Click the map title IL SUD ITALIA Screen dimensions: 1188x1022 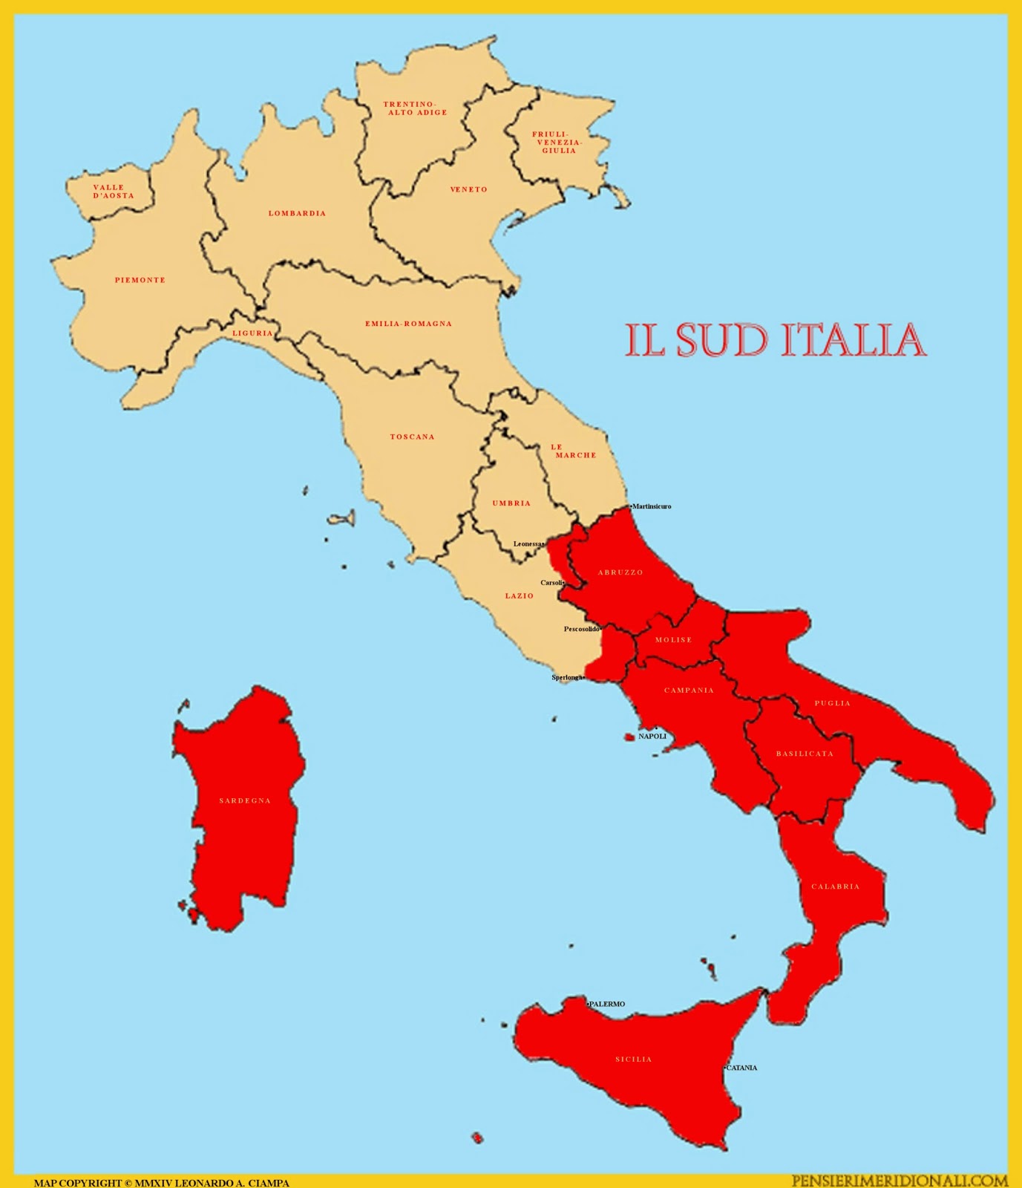(x=775, y=340)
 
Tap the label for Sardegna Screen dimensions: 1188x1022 (x=245, y=801)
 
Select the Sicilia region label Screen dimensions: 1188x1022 (x=633, y=1060)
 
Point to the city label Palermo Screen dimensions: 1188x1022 (x=607, y=1004)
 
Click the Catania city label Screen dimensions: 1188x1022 (x=741, y=1068)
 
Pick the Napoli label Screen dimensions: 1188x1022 (x=652, y=737)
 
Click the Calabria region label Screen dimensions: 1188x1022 (x=835, y=887)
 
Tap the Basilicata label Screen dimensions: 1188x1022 (x=805, y=754)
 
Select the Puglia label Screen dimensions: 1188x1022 (x=832, y=703)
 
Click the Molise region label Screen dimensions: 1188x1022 (x=673, y=640)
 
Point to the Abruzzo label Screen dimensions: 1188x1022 (x=620, y=572)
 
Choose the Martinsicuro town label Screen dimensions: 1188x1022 (x=652, y=506)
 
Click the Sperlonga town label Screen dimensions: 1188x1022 (x=567, y=677)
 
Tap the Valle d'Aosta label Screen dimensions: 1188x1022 (x=114, y=192)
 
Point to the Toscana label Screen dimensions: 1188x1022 (x=412, y=437)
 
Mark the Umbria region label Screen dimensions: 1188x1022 (x=511, y=503)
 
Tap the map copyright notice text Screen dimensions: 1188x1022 (x=162, y=1182)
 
